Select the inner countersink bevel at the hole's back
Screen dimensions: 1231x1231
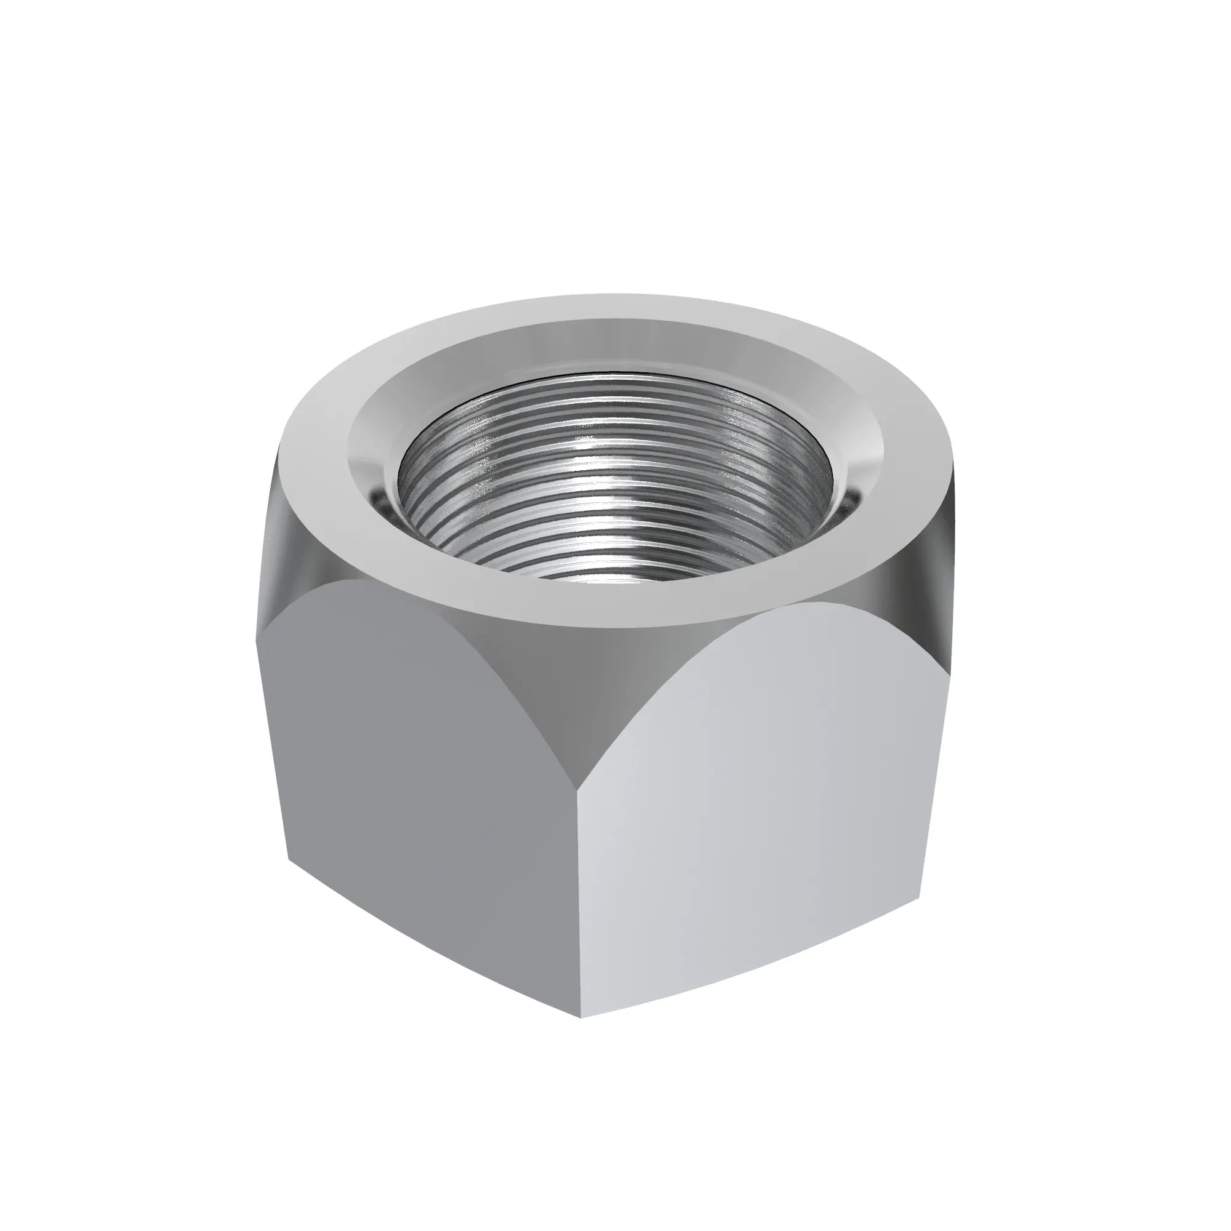click(612, 344)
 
